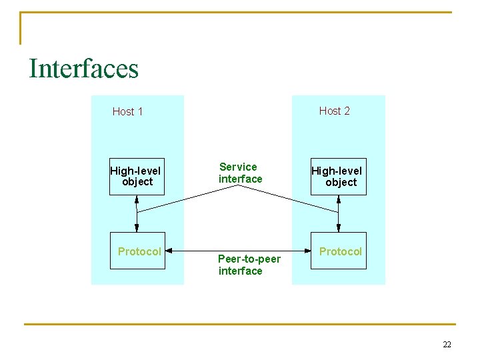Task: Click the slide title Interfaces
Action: click(x=83, y=69)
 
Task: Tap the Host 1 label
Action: click(x=127, y=111)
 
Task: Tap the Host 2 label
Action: click(x=334, y=111)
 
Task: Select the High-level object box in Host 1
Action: click(x=137, y=176)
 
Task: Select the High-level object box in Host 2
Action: click(x=339, y=177)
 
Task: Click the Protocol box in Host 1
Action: click(x=137, y=251)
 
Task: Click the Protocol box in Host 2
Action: click(x=339, y=251)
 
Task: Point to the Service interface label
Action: click(x=240, y=173)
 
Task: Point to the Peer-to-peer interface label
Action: click(x=249, y=265)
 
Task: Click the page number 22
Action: click(x=447, y=344)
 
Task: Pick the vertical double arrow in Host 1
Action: click(x=137, y=213)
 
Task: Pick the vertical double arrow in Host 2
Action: click(x=339, y=213)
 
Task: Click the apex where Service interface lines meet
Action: click(x=238, y=186)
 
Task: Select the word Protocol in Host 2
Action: click(x=340, y=251)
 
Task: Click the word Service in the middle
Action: click(x=238, y=167)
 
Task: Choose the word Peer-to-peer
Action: click(x=249, y=259)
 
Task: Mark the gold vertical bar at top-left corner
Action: click(x=21, y=28)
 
